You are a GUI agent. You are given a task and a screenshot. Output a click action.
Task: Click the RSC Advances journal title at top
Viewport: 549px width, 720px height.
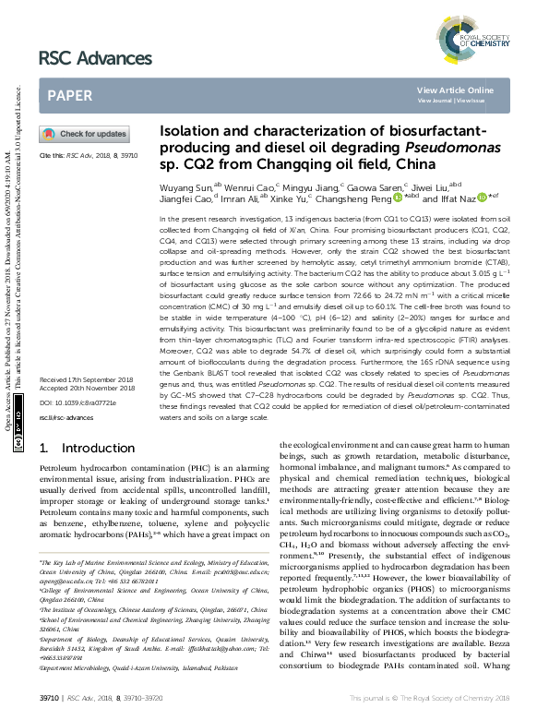[95, 58]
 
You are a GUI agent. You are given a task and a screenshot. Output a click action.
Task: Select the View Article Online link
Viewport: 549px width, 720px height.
[455, 90]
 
